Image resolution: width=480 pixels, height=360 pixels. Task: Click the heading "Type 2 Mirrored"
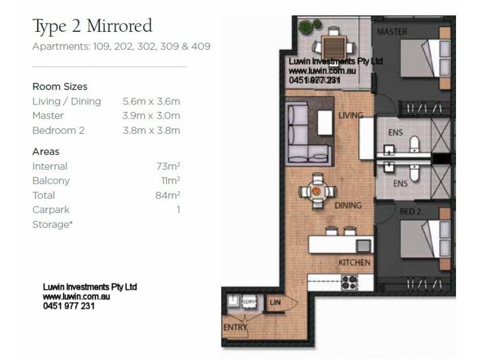pos(92,26)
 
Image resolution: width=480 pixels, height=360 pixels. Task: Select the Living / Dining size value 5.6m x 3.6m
pos(151,101)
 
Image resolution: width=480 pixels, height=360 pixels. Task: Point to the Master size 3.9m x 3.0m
pos(151,116)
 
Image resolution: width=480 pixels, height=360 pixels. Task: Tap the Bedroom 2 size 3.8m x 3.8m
pos(151,130)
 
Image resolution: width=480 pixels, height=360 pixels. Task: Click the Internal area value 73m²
pos(168,166)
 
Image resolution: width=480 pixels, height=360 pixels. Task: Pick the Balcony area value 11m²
pos(170,181)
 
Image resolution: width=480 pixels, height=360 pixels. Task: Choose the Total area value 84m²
pos(168,195)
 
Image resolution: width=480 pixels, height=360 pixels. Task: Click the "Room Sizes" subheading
pos(59,87)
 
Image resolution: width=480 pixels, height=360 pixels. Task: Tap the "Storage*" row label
pos(51,224)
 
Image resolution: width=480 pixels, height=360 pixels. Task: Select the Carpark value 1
pos(178,209)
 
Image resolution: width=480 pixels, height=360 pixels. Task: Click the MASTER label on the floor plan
pos(392,31)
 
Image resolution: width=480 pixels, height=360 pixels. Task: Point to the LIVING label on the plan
pos(352,115)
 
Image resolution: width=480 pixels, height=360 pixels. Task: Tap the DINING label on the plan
pos(349,206)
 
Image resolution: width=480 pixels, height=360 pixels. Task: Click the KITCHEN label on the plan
pos(354,263)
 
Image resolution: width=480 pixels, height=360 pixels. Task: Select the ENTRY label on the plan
pos(235,328)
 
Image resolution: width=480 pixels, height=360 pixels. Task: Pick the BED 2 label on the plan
pos(410,211)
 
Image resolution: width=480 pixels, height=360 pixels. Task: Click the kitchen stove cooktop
pos(348,281)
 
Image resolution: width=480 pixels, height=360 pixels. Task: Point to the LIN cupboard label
pos(275,303)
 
